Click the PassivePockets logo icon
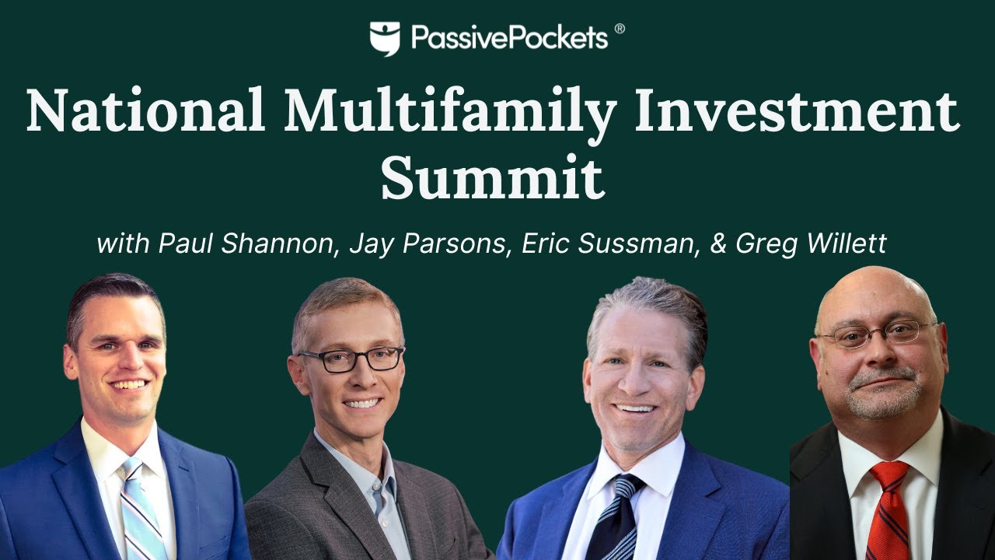click(385, 38)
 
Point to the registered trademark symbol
click(620, 29)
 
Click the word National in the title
click(145, 111)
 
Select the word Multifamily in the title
click(450, 111)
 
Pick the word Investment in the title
click(797, 111)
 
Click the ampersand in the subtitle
click(719, 243)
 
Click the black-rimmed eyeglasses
click(351, 359)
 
